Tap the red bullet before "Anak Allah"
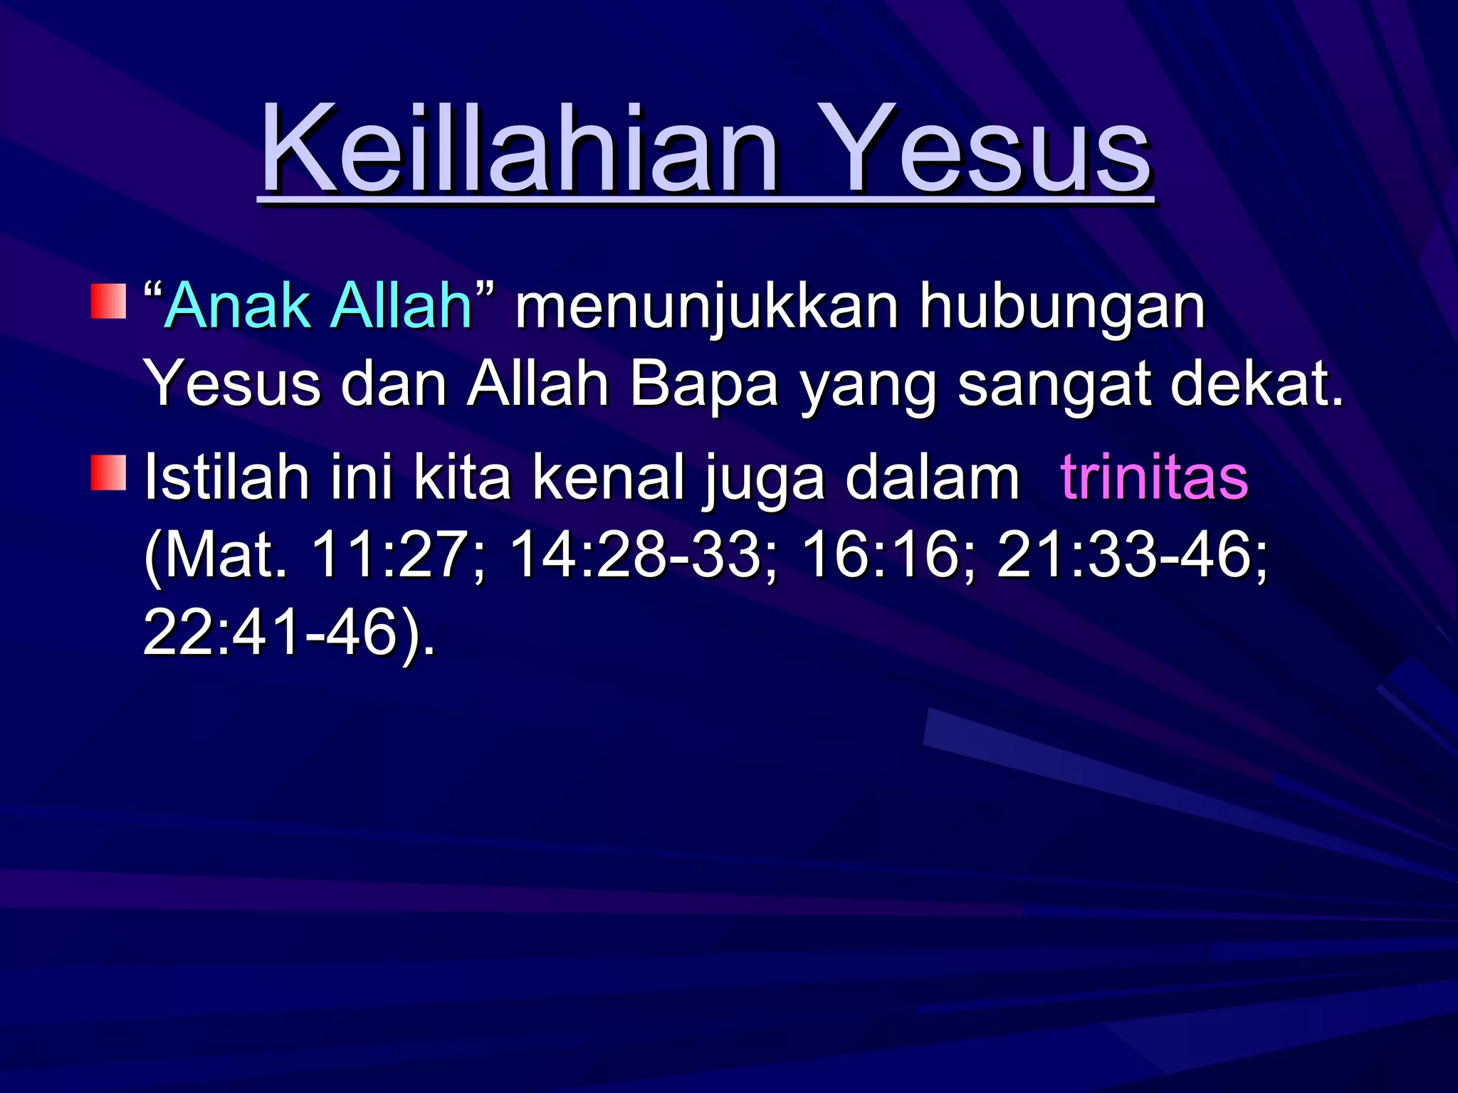[x=108, y=301]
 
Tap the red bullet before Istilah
[x=108, y=473]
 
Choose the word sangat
[x=1054, y=385]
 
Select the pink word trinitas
[x=1153, y=477]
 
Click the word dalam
[x=933, y=477]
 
